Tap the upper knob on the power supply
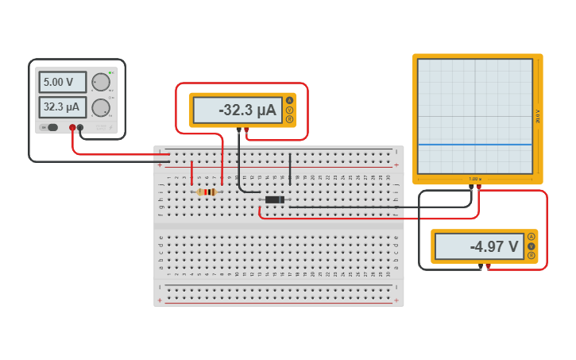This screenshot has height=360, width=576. point(100,82)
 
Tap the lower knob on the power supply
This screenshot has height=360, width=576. point(100,107)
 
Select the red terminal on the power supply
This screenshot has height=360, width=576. point(72,127)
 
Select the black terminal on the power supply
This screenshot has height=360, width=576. point(80,127)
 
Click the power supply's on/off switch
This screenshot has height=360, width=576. point(50,127)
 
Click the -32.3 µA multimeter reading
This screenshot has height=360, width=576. point(238,110)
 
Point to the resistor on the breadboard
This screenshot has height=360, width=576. point(207,192)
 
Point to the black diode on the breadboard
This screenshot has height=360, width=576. point(275,199)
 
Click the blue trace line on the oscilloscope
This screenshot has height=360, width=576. point(474,145)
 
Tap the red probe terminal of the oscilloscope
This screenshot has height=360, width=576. point(479,187)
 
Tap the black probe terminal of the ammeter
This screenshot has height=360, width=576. point(238,130)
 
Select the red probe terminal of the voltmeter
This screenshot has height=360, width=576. point(488,265)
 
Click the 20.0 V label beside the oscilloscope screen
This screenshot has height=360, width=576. point(538,115)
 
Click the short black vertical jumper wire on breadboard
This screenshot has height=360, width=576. point(290,169)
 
